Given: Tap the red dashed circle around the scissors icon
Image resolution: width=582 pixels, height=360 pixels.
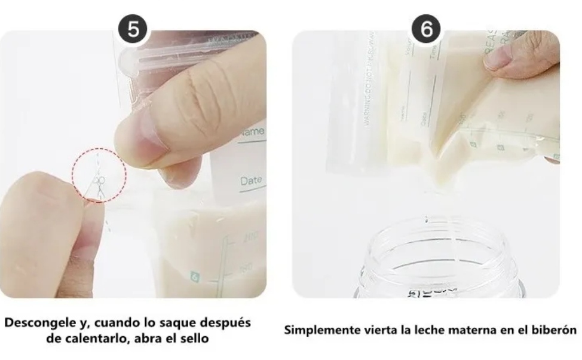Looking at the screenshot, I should point(99,175).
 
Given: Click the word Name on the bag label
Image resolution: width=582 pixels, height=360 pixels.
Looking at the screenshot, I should point(253,131).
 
